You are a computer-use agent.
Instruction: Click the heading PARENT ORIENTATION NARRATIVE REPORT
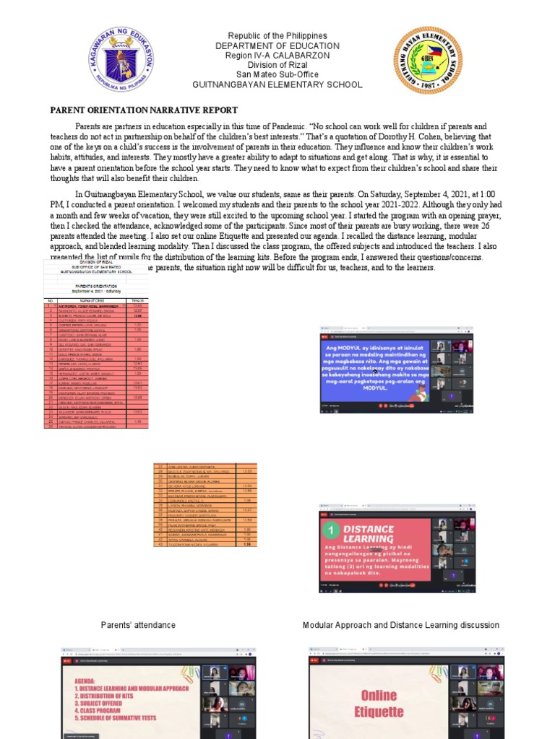tap(143, 110)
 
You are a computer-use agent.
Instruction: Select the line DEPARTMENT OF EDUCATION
tap(277, 46)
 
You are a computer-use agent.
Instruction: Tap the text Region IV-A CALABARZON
tap(277, 56)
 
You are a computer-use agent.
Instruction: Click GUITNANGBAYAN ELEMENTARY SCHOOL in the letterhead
tap(277, 85)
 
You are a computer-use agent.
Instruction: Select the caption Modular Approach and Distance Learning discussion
tap(400, 625)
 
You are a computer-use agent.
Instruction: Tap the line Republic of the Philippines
tap(277, 36)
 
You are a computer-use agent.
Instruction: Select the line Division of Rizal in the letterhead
tap(277, 65)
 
